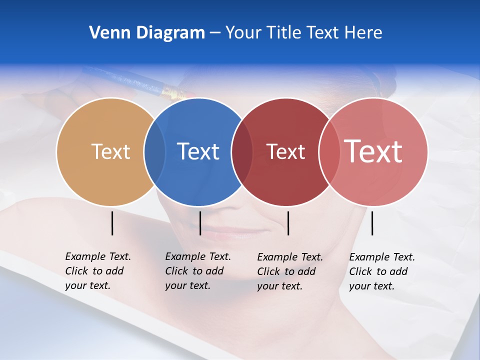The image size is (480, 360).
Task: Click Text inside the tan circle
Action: pos(110,152)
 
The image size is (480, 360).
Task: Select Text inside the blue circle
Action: pos(198,152)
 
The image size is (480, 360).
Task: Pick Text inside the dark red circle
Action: pos(285,152)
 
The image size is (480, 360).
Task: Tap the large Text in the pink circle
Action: pos(373,151)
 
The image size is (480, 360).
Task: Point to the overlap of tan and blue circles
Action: pos(154,152)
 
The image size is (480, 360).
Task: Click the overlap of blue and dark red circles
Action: pos(242,152)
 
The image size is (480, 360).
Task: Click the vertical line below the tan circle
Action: pos(112,223)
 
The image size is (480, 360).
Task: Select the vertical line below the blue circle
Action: pos(200,223)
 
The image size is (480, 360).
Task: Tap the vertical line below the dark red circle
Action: pos(288,223)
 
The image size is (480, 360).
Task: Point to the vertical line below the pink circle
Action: pos(372,223)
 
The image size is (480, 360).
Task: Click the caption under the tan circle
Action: pos(97,271)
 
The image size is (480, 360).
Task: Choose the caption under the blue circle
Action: pos(197,271)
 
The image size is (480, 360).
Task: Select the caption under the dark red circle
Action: pos(289,271)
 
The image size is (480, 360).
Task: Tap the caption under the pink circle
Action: pos(381,271)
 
